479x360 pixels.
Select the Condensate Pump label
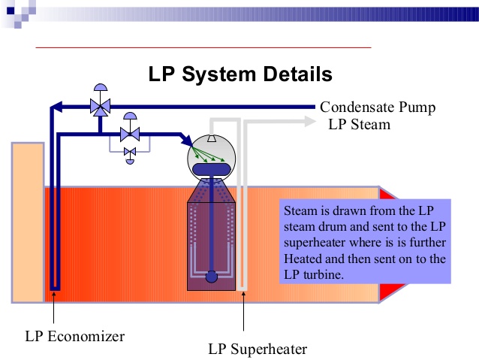(378, 107)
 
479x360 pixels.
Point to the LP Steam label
(359, 124)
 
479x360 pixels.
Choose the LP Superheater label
(258, 349)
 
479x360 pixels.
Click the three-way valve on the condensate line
(98, 107)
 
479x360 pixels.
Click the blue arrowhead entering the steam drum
(185, 140)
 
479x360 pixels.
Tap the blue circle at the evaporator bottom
(212, 277)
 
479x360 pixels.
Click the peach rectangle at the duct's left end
(27, 222)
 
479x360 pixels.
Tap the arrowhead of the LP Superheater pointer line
(243, 298)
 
